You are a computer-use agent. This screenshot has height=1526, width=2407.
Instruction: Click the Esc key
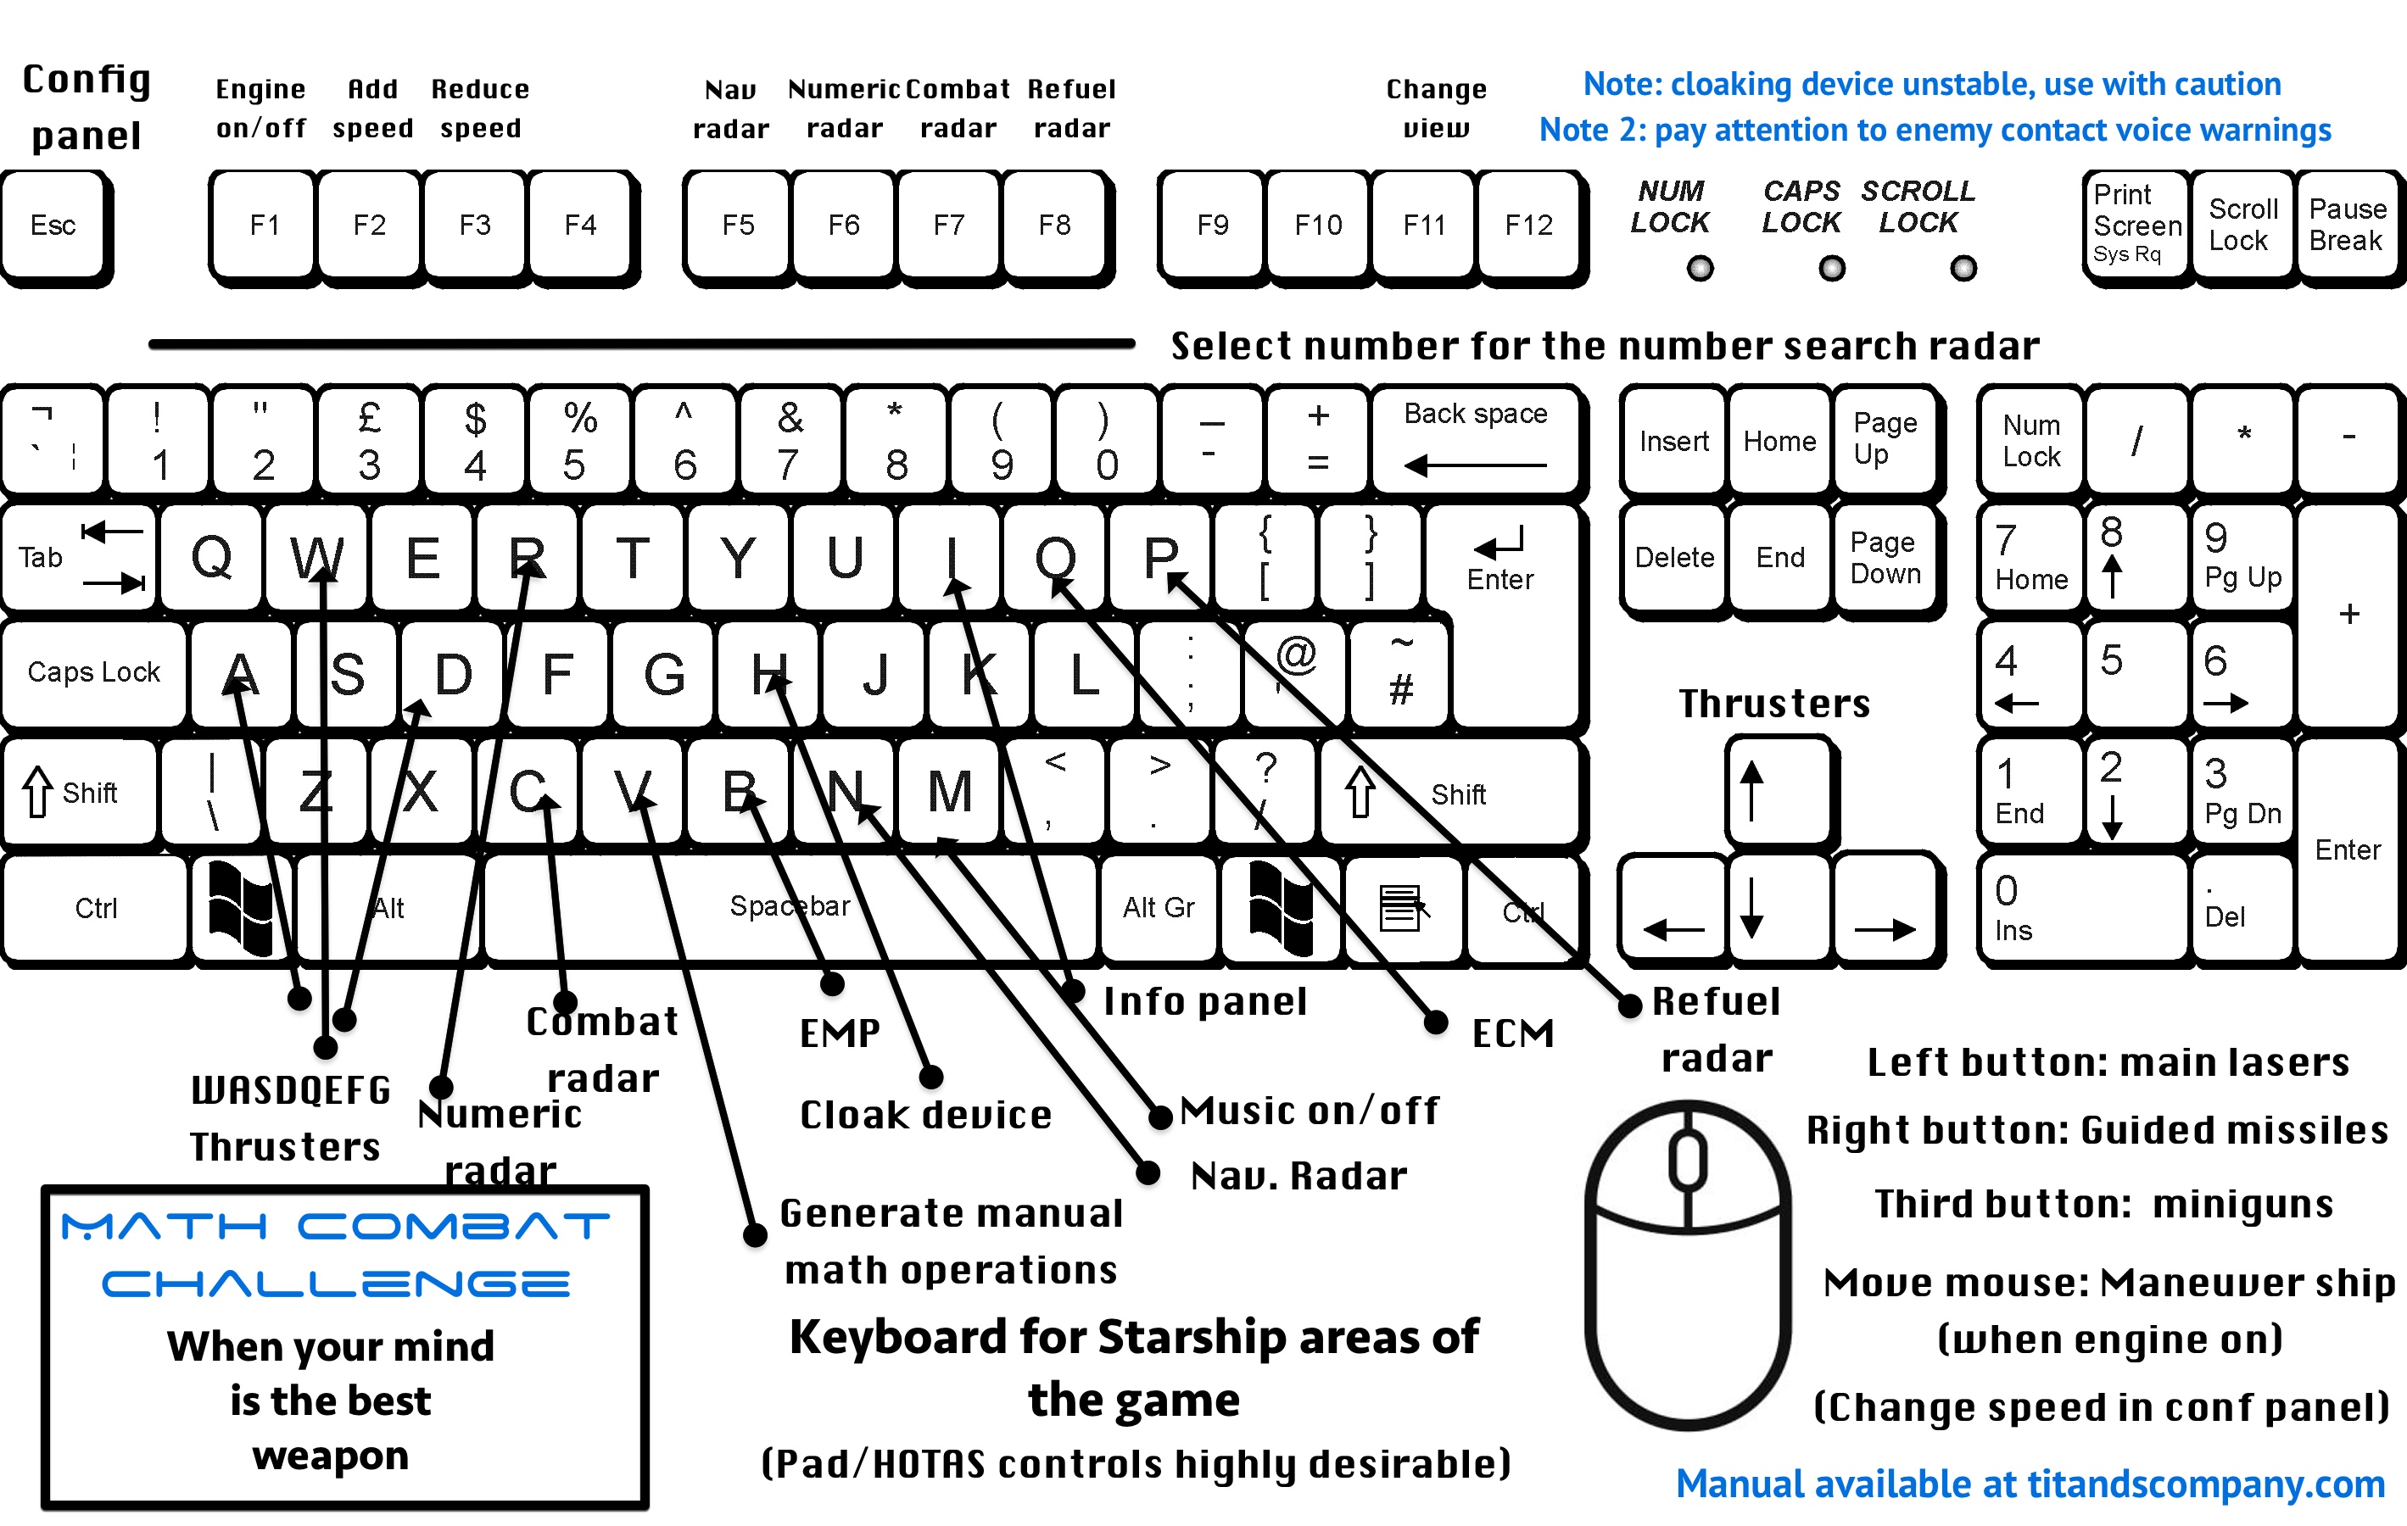pos(54,226)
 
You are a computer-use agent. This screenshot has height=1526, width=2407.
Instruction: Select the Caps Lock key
pos(94,672)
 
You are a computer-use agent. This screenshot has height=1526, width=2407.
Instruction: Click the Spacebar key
pos(790,906)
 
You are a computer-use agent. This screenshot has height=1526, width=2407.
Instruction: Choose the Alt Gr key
pos(1159,906)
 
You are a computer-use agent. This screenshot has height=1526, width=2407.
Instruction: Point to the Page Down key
pos(1885,557)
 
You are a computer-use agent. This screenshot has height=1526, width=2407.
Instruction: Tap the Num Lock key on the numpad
pos(2031,440)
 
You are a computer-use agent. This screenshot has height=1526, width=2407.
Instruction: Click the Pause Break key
pos(2346,226)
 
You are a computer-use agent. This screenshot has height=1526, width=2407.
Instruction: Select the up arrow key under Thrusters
pos(1778,789)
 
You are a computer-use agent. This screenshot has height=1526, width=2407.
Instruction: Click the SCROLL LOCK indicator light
pos(1963,268)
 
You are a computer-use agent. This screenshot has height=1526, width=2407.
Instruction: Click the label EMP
pos(840,1033)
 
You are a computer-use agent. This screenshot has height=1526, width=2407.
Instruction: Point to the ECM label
pos(1512,1033)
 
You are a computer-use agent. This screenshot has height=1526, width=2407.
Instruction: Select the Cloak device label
pos(925,1114)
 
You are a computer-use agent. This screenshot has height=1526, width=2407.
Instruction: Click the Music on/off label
pos(1310,1111)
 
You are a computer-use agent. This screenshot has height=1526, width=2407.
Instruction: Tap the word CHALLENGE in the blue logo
pos(336,1284)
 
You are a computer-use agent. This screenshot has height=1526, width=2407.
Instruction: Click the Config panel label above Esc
pos(87,107)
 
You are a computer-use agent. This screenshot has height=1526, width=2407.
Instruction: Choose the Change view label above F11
pos(1437,108)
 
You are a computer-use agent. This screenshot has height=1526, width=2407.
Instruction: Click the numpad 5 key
pos(2135,672)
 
